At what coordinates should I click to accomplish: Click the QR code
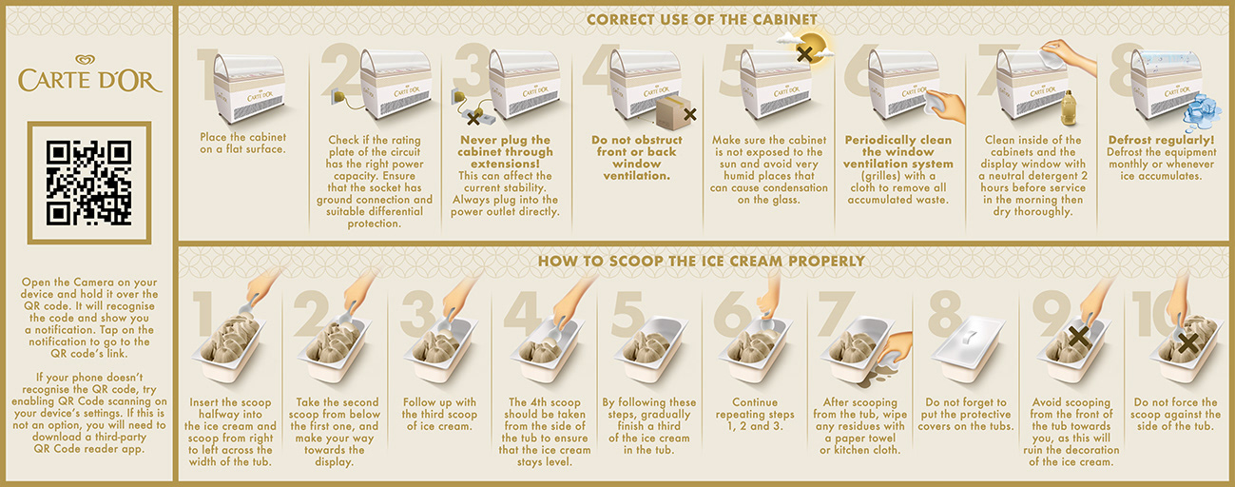88,183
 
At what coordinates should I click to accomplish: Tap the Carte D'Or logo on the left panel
89,74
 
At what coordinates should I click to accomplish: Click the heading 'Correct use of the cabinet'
702,20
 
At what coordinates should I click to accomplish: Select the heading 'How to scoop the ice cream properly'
702,261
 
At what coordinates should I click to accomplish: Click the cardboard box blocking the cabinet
673,112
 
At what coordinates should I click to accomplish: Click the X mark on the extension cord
473,118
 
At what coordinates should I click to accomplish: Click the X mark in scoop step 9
1078,336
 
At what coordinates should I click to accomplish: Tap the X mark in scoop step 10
1187,343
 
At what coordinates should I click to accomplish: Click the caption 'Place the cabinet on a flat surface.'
242,143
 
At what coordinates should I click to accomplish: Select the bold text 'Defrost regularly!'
1161,140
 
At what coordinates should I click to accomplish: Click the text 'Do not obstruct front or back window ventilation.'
637,158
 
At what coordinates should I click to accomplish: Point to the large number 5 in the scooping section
628,313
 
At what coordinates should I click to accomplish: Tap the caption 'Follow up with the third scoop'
439,414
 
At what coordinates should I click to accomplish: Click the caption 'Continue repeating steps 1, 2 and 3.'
755,414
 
